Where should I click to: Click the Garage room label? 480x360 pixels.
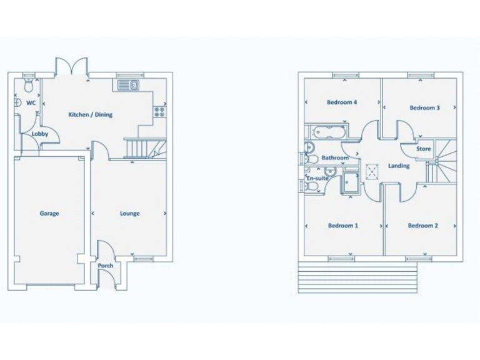(49, 214)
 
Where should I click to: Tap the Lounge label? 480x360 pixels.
(129, 214)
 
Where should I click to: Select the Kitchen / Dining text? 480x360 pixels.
(90, 115)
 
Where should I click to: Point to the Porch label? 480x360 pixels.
(106, 266)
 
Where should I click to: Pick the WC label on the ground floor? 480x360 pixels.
(31, 102)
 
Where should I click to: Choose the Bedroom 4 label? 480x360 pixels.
(342, 102)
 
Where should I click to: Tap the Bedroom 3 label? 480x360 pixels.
(424, 108)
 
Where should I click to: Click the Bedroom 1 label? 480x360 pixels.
(342, 226)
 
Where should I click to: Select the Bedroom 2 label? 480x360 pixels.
(422, 226)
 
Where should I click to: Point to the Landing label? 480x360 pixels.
(399, 166)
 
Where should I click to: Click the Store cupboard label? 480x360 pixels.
(424, 149)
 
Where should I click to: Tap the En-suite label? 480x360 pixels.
(317, 179)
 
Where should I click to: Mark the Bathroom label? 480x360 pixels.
(334, 159)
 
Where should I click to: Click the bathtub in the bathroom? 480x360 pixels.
(325, 132)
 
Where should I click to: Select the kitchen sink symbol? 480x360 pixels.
(131, 84)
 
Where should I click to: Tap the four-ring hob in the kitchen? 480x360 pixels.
(159, 112)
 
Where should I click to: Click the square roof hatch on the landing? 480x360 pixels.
(373, 171)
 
